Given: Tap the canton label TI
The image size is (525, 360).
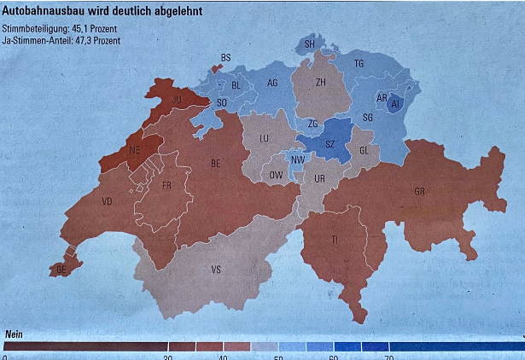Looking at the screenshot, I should [335, 241].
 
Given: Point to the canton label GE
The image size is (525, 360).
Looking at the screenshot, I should [61, 269].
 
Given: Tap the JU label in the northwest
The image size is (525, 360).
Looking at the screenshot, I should [178, 99].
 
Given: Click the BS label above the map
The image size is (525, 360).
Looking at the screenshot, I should [226, 57].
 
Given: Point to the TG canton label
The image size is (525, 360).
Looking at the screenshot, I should [359, 64].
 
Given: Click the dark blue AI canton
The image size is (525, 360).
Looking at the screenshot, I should [395, 104].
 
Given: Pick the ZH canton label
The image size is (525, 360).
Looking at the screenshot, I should [320, 83].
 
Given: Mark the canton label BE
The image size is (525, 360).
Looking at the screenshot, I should [217, 162].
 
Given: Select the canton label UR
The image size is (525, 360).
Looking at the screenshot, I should [320, 179].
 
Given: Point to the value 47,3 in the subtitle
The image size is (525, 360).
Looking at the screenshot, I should [85, 39].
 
